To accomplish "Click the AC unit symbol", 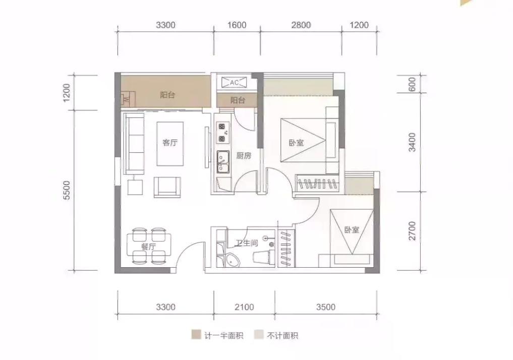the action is point(234,83).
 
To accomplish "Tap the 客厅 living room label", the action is point(170,143).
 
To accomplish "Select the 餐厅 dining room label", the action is point(148,247).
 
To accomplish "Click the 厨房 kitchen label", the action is point(244,156).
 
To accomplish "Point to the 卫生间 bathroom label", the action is point(247,243).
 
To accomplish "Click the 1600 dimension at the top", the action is point(237,25).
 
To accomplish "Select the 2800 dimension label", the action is point(301,25).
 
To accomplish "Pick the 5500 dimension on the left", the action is point(67,190).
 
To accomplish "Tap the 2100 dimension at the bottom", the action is point(244,307).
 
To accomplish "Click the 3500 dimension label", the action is point(326,307).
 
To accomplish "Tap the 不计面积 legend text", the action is point(282,335).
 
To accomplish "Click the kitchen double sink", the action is point(223,161).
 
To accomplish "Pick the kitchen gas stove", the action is point(222,133).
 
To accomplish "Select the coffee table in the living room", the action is point(170,144).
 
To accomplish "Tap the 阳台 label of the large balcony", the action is point(167,95).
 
